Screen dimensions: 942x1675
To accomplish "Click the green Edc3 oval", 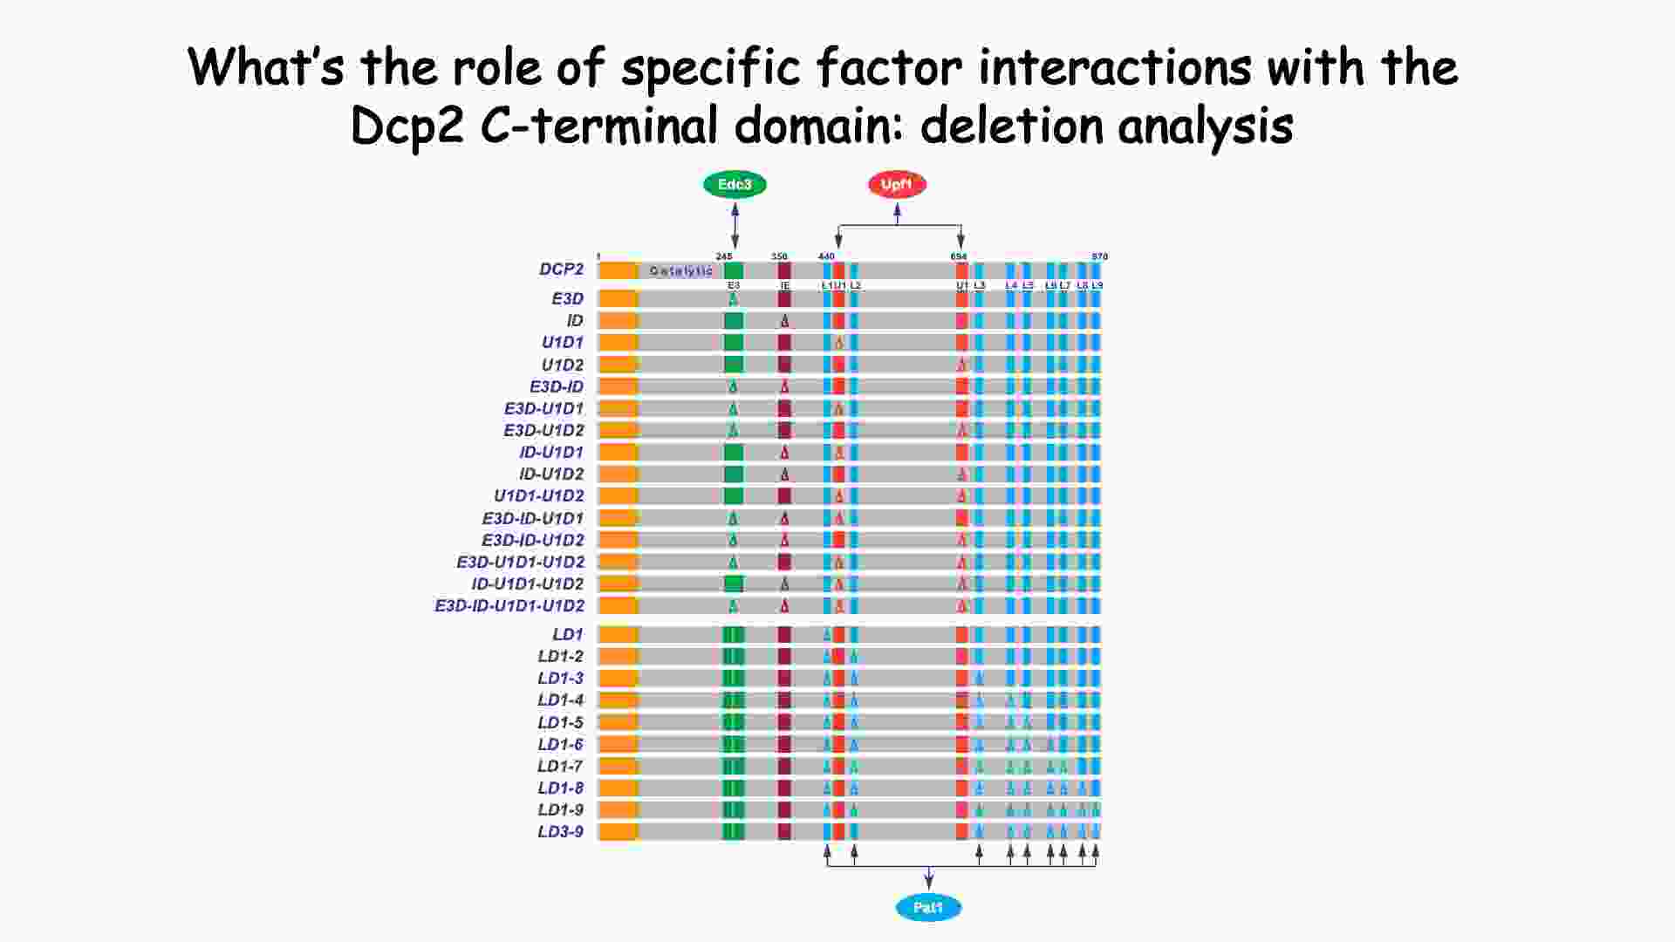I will (735, 185).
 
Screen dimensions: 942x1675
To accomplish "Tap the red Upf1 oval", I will (897, 185).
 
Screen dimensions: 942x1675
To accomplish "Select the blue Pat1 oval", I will (928, 908).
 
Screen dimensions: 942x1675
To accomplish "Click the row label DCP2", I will (561, 270).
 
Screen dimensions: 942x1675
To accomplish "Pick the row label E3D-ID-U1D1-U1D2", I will (509, 606).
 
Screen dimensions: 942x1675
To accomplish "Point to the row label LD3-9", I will (560, 832).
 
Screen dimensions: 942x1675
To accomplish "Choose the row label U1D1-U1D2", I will (538, 496).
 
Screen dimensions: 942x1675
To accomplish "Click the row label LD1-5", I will (560, 723).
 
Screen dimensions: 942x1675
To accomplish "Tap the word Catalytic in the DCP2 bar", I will (680, 271).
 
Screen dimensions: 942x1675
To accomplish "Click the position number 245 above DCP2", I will (724, 256).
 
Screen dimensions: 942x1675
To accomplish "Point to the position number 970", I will (1099, 256).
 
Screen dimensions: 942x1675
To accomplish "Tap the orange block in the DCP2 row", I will (619, 270).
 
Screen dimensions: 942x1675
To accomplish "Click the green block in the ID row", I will (734, 321).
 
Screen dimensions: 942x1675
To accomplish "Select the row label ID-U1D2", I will (551, 474).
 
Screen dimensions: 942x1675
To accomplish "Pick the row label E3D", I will (567, 299).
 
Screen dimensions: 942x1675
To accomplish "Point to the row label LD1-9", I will (560, 810).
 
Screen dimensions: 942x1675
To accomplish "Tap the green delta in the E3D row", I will (734, 299).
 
